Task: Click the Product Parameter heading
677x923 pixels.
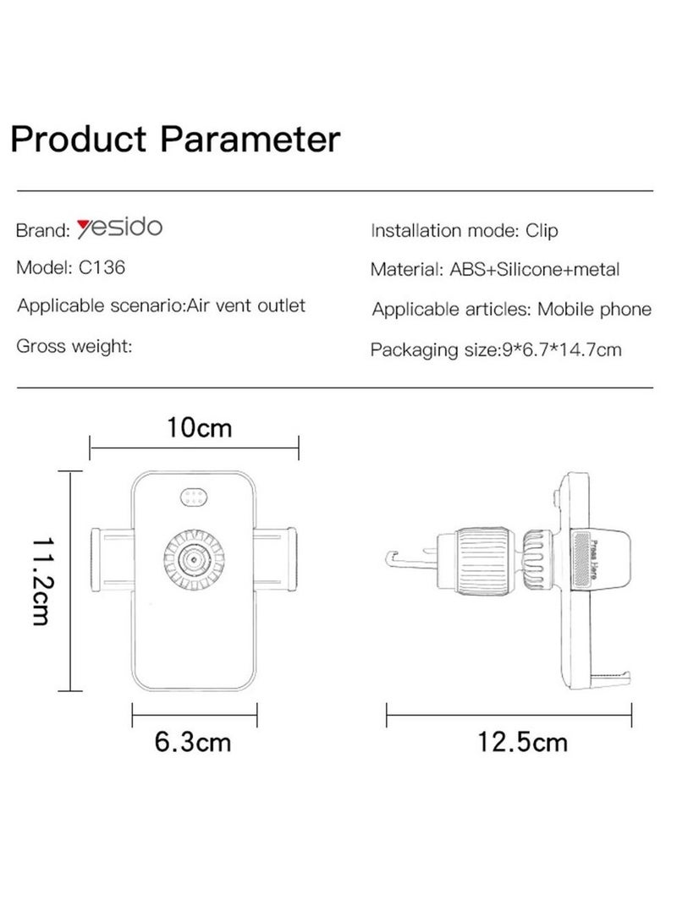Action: pos(175,137)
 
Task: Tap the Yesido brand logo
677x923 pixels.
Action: pos(118,228)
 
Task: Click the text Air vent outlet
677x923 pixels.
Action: pos(246,305)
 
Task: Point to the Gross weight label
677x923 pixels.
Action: pos(74,345)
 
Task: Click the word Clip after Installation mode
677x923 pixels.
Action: pos(542,230)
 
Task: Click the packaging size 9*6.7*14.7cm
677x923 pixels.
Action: pos(559,349)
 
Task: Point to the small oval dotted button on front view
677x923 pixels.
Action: pos(194,499)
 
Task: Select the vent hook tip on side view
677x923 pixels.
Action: pos(393,558)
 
